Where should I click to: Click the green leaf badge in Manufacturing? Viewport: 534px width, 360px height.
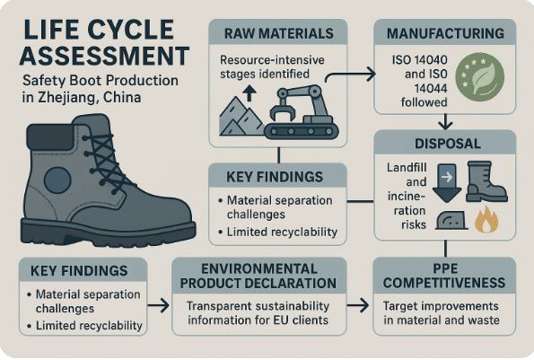(x=480, y=77)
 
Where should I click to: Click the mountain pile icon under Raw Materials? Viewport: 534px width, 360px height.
(x=241, y=117)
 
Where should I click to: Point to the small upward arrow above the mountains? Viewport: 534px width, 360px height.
(x=249, y=93)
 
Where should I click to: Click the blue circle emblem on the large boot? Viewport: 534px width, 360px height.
(x=57, y=180)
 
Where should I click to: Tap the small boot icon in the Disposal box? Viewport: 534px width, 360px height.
(x=486, y=181)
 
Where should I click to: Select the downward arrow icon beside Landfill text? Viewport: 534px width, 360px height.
(x=447, y=183)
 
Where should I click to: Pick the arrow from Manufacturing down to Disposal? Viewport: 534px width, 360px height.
(x=445, y=122)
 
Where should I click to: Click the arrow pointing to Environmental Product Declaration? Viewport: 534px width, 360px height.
(x=158, y=305)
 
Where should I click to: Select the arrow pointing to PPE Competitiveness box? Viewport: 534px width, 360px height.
(x=357, y=305)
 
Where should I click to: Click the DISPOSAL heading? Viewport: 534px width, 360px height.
(x=448, y=144)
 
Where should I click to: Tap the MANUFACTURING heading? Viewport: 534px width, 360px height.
(x=445, y=33)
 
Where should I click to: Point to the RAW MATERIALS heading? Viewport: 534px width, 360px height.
(x=279, y=33)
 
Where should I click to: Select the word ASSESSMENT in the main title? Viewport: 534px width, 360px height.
(x=104, y=56)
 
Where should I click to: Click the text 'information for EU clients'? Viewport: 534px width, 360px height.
(x=258, y=320)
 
